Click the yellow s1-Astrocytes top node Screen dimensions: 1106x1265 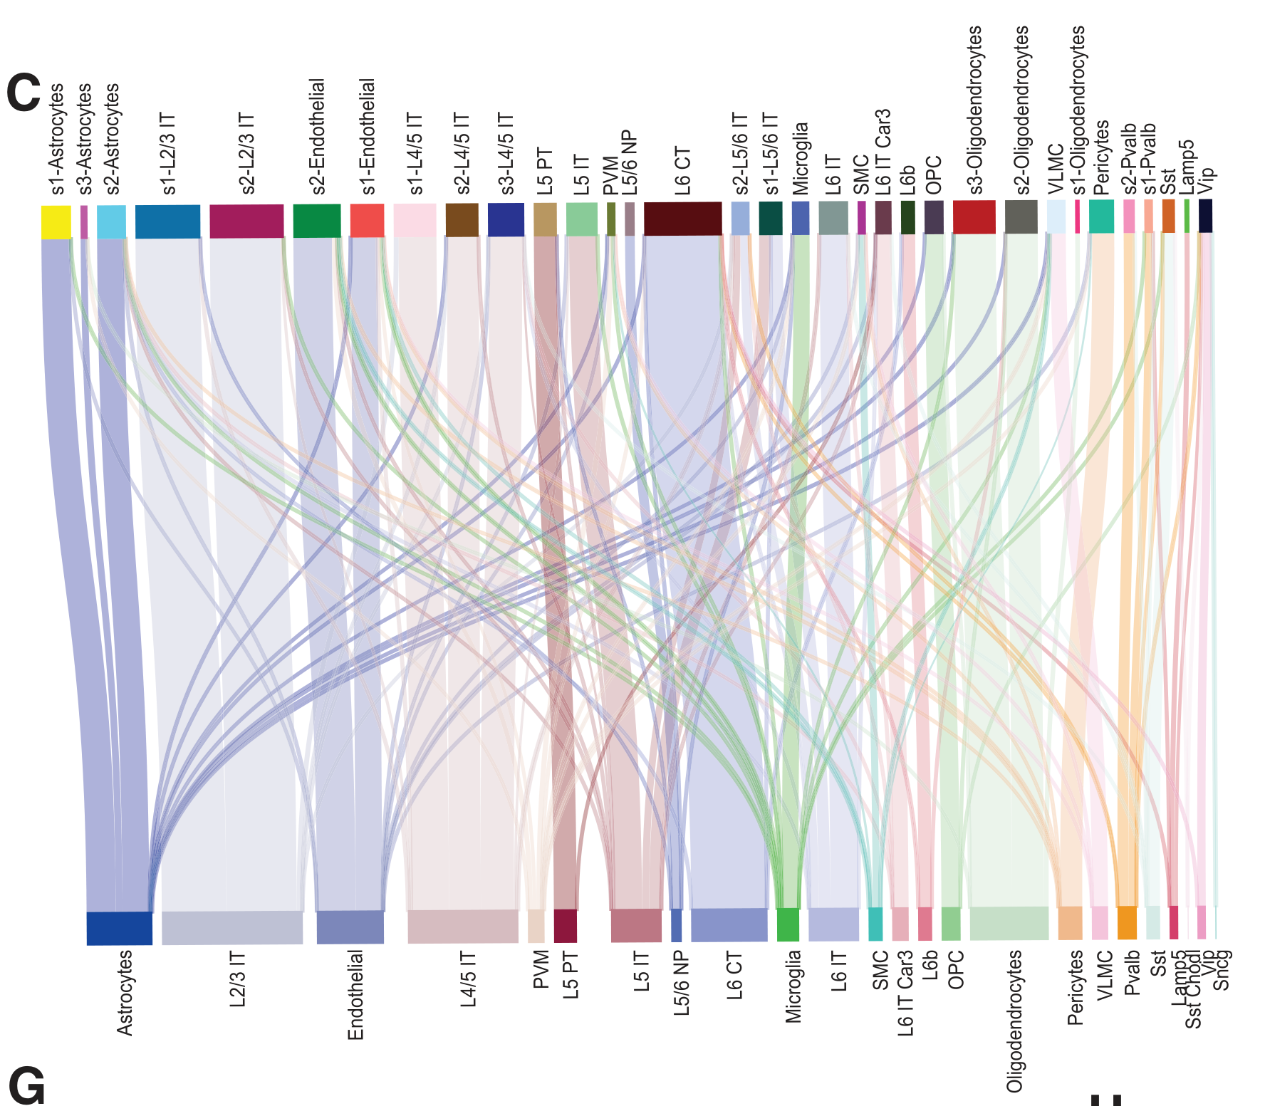pos(56,221)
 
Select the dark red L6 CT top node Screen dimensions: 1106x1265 pos(682,218)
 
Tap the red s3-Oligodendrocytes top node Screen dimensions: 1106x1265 pos(974,216)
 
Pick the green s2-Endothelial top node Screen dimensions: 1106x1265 pos(316,221)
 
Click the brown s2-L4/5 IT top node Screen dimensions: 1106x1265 pos(462,219)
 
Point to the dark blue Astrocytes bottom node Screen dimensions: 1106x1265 pos(119,928)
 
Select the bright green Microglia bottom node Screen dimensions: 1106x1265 pos(788,924)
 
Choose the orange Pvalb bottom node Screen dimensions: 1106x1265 pos(1127,922)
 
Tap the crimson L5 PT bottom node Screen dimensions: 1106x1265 pos(565,926)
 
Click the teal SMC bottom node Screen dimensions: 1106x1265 pos(875,924)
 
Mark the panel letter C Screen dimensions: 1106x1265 pos(24,93)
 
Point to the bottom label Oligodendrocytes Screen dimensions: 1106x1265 pos(1014,1021)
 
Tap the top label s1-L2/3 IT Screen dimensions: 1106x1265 pos(168,153)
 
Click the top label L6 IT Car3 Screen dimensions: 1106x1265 pos(883,152)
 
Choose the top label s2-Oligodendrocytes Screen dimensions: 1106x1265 pos(1022,110)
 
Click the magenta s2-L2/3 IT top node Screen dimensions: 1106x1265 pos(246,221)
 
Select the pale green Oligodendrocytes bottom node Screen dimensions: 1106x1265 pos(1009,923)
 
